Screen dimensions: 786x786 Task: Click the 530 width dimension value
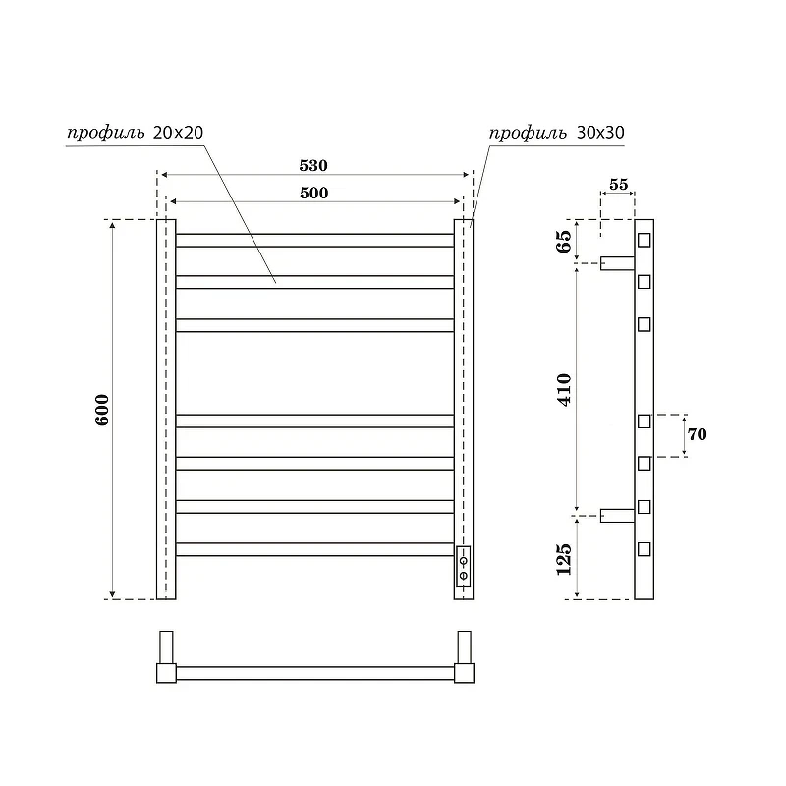[313, 165]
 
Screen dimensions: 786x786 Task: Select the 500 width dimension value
[313, 193]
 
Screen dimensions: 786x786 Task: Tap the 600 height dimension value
[102, 410]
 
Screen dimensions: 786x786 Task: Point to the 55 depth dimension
[619, 185]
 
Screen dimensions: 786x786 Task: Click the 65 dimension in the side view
[564, 242]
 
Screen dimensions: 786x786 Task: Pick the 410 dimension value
[564, 389]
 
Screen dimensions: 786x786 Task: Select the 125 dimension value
[564, 559]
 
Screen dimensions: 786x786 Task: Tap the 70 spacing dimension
[697, 434]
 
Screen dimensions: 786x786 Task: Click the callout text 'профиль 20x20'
[136, 133]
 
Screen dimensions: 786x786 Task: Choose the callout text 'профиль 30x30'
[557, 133]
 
